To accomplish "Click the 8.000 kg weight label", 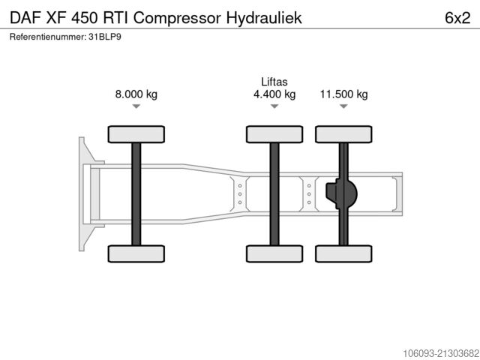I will click(x=136, y=94).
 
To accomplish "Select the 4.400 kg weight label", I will click(x=274, y=94).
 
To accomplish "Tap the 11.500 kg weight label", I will click(x=343, y=94).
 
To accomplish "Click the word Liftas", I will click(x=274, y=82).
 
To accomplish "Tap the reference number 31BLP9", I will click(x=103, y=37).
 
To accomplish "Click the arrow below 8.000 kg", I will click(x=136, y=107).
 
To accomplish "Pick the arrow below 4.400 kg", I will click(x=274, y=107).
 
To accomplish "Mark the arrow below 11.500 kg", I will click(x=343, y=107).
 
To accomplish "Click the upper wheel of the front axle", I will click(x=136, y=134).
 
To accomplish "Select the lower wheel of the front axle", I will click(x=136, y=254).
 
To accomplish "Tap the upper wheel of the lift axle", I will click(x=274, y=134).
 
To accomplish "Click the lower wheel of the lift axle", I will click(x=274, y=254).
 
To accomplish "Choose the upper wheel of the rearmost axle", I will click(x=343, y=134).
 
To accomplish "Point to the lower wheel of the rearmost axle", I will click(x=343, y=254).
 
